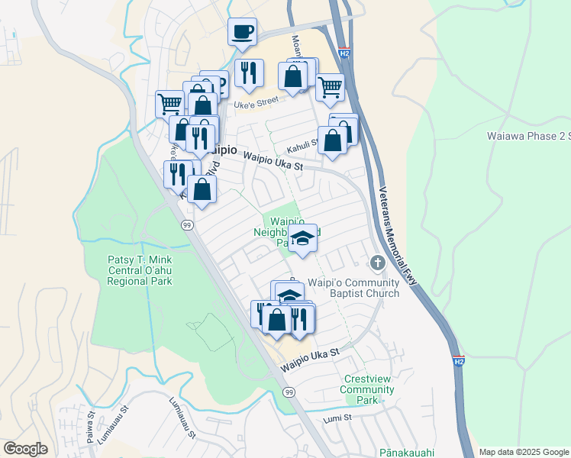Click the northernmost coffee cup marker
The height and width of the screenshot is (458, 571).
243,33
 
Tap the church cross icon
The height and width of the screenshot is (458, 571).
376,263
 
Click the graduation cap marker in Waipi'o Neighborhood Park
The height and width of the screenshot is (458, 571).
303,239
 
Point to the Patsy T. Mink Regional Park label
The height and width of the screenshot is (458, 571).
140,270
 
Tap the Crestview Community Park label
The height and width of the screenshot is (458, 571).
369,389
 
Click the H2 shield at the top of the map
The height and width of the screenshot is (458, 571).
345,54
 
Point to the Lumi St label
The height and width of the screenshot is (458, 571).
337,418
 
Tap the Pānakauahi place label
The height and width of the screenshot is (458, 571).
411,452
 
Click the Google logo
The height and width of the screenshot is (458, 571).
25,448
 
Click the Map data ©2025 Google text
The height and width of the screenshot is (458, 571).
523,452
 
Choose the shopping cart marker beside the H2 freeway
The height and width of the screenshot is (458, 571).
330,87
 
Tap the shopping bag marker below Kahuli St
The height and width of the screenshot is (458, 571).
333,141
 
